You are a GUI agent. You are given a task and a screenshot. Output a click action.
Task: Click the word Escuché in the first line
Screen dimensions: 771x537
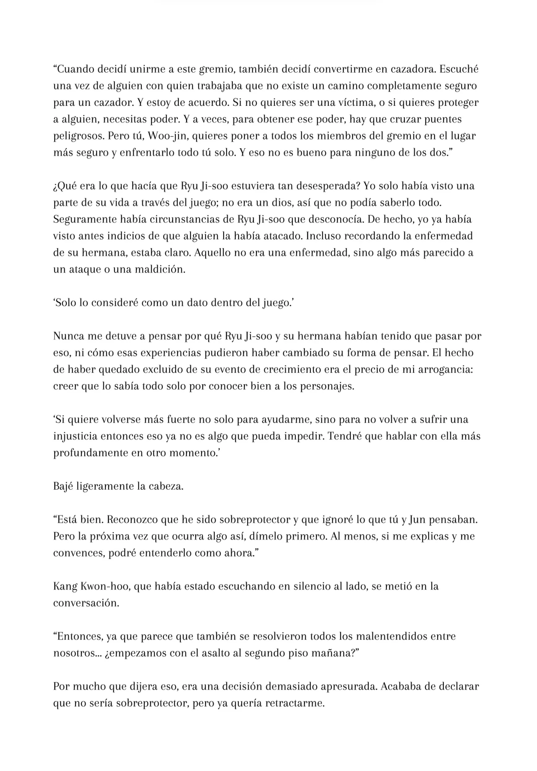pos(459,69)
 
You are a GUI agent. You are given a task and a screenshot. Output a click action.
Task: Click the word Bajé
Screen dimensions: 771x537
pos(63,486)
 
